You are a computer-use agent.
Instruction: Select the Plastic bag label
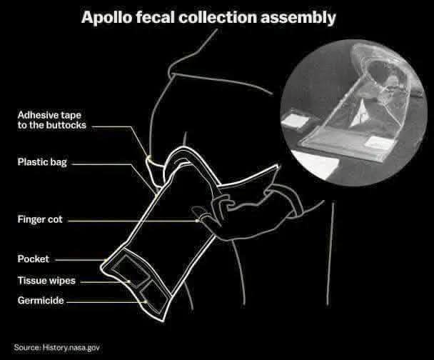tap(43, 162)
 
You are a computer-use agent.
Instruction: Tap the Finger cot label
tap(40, 220)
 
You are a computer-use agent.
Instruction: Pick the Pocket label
tap(34, 259)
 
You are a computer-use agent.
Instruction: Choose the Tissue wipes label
tap(46, 280)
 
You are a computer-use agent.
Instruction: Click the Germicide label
tap(41, 301)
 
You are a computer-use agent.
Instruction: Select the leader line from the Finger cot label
tap(128, 220)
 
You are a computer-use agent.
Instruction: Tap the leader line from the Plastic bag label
tap(107, 163)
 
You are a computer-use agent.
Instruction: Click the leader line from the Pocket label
tap(79, 259)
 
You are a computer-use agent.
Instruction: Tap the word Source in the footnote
tap(26, 346)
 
